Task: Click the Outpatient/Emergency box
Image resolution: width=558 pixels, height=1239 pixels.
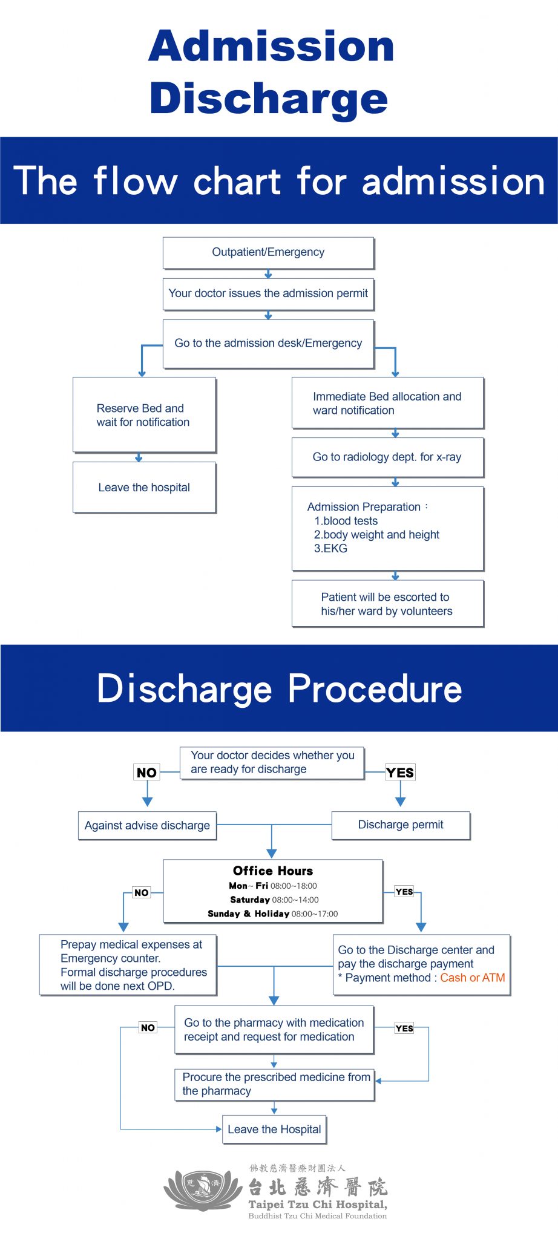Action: pyautogui.click(x=268, y=253)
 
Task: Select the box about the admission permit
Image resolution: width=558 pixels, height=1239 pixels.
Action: pyautogui.click(x=268, y=294)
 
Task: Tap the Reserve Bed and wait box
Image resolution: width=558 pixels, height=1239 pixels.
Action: pyautogui.click(x=144, y=415)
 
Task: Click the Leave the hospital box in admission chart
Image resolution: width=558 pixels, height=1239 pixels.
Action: pyautogui.click(x=144, y=488)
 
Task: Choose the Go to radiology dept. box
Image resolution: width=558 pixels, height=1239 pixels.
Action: pyautogui.click(x=387, y=457)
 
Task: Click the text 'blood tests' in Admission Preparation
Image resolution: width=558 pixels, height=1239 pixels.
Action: pyautogui.click(x=350, y=521)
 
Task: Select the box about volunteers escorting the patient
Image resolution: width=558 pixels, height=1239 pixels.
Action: pyautogui.click(x=387, y=604)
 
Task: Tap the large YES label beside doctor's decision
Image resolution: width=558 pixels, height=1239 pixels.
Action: pyautogui.click(x=400, y=773)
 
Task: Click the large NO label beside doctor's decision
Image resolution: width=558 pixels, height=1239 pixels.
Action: pyautogui.click(x=146, y=773)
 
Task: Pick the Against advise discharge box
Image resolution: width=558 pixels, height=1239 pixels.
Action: pyautogui.click(x=147, y=826)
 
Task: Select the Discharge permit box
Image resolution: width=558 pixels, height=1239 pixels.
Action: pyautogui.click(x=401, y=825)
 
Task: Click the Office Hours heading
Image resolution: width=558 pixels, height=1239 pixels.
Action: pyautogui.click(x=273, y=871)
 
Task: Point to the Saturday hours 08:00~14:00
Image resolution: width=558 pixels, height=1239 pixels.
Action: pyautogui.click(x=295, y=900)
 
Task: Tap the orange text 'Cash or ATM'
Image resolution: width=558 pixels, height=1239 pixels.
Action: pyautogui.click(x=473, y=978)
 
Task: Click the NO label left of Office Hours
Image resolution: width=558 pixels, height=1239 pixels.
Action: pyautogui.click(x=141, y=892)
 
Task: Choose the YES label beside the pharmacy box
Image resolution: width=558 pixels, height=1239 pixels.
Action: pyautogui.click(x=404, y=1028)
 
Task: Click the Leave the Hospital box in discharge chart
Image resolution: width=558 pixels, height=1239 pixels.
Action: pyautogui.click(x=274, y=1129)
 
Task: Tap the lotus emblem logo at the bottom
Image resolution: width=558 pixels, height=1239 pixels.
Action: pyautogui.click(x=203, y=1189)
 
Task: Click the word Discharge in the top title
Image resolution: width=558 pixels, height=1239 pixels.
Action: pyautogui.click(x=269, y=98)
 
